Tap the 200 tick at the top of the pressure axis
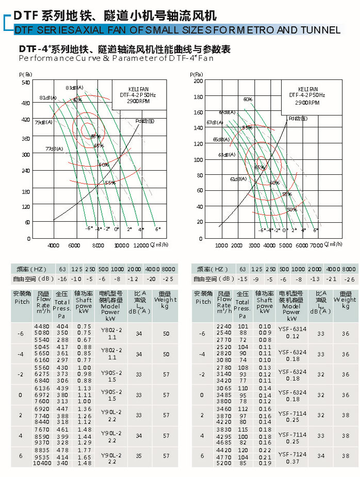coord(198,81)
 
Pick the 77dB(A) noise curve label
coord(54,149)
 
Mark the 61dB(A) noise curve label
coord(238,179)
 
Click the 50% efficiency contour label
coord(292,209)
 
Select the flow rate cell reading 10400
coord(42,463)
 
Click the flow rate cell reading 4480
coord(42,326)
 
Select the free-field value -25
coord(168,279)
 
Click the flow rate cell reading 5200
coord(224,463)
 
